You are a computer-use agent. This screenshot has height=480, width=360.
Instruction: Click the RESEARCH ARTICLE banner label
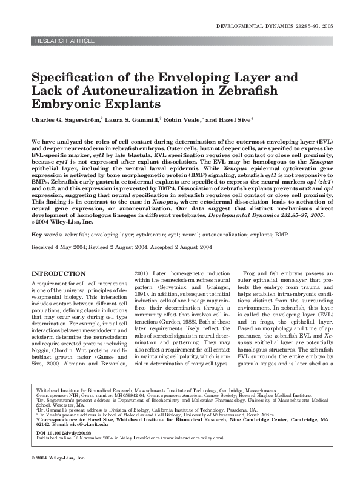coord(65,41)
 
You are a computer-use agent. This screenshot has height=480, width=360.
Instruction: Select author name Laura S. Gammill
coord(136,120)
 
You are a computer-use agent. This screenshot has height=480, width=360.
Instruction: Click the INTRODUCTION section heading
coord(58,274)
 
